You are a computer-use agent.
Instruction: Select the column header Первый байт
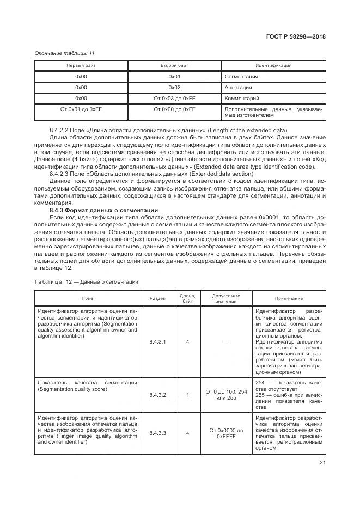[x=81, y=65]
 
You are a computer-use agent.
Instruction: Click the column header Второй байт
[x=174, y=65]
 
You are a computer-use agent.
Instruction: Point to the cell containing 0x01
[x=174, y=76]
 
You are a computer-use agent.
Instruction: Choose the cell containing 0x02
[x=174, y=87]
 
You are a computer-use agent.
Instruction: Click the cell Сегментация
[x=241, y=77]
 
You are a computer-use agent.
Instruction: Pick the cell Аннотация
[x=238, y=88]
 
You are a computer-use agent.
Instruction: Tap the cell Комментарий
[x=241, y=99]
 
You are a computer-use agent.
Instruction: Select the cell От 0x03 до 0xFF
[x=174, y=99]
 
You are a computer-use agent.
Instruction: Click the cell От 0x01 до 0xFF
[x=81, y=109]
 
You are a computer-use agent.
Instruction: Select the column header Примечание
[x=289, y=298]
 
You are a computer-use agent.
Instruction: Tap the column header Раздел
[x=157, y=298]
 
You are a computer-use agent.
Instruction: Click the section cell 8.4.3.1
[x=157, y=342]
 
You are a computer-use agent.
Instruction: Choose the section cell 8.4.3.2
[x=157, y=395]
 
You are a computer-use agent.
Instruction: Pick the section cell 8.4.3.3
[x=157, y=433]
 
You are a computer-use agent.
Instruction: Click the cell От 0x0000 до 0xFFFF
[x=226, y=433]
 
